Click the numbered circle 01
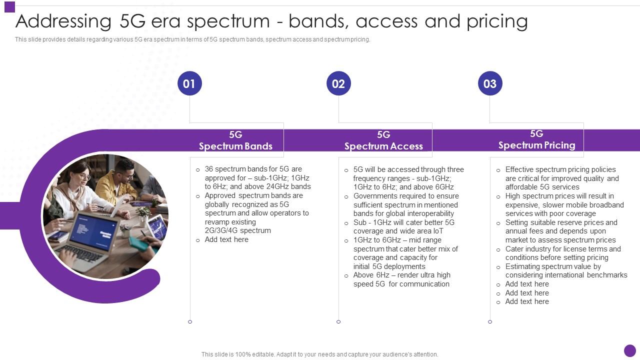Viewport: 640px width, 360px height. [x=189, y=83]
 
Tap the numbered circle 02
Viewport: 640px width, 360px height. [x=338, y=83]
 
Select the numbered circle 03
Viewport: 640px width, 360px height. [x=490, y=83]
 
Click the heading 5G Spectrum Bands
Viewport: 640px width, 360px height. [x=235, y=140]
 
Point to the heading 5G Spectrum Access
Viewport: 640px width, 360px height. [x=383, y=140]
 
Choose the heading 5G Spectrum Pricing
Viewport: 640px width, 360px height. [x=536, y=139]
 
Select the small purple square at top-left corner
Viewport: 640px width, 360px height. [x=9, y=7]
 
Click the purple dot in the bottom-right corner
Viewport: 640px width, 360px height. [x=630, y=350]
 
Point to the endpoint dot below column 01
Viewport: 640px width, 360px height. [x=190, y=321]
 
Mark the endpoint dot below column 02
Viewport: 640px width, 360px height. [x=338, y=321]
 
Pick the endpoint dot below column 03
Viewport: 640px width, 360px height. [x=490, y=321]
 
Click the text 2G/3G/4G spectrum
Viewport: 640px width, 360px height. [x=237, y=230]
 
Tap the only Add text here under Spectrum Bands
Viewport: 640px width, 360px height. [x=226, y=239]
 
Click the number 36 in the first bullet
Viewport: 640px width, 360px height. [x=209, y=169]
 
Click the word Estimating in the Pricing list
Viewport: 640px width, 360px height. [x=523, y=266]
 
